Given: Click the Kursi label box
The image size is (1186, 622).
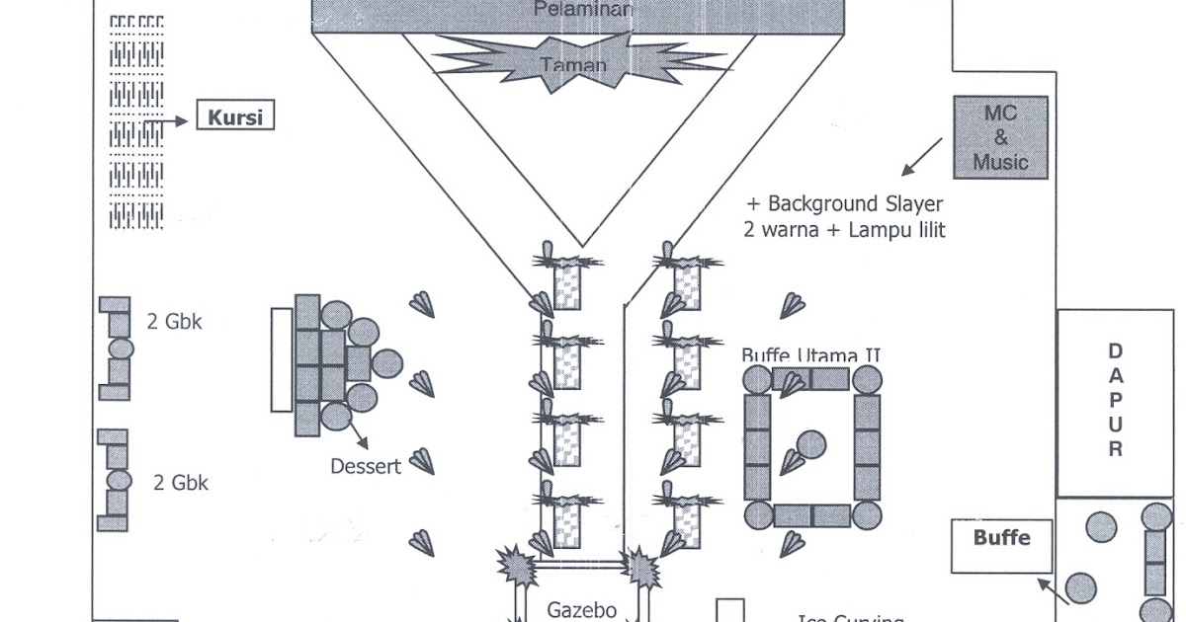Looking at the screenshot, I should pyautogui.click(x=235, y=117).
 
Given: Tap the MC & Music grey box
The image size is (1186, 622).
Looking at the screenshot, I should pyautogui.click(x=1000, y=137).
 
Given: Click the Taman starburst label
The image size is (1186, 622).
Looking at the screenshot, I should pyautogui.click(x=573, y=65).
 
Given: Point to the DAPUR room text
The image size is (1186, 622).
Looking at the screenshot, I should pyautogui.click(x=1115, y=400).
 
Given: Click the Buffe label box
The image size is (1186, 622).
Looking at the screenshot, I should pyautogui.click(x=1001, y=539).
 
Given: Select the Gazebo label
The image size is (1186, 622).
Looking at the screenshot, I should pyautogui.click(x=582, y=609).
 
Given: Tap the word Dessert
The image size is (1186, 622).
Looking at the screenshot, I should pyautogui.click(x=366, y=466).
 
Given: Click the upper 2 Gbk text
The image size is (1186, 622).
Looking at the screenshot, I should pyautogui.click(x=174, y=321).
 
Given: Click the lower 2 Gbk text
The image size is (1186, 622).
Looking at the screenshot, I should pyautogui.click(x=181, y=483).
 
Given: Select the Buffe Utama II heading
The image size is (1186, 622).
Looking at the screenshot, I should pyautogui.click(x=810, y=355).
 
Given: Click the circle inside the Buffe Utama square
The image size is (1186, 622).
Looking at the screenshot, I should pyautogui.click(x=811, y=445).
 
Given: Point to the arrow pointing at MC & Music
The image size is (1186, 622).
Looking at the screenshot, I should pyautogui.click(x=921, y=156).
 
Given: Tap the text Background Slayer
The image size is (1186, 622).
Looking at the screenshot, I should pyautogui.click(x=855, y=204).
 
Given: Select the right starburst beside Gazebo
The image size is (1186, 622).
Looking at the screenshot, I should pyautogui.click(x=642, y=567).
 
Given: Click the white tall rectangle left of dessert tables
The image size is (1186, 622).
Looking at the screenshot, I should pyautogui.click(x=282, y=359).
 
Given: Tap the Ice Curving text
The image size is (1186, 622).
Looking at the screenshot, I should pyautogui.click(x=850, y=619).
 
